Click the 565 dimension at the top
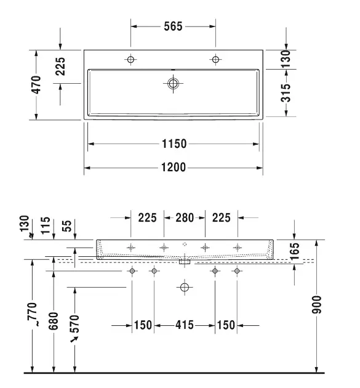[x=173, y=26]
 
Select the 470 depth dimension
[x=36, y=85]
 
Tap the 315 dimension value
[x=286, y=93]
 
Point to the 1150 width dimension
[x=174, y=143]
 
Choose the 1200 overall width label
[x=174, y=168]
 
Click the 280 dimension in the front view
[x=185, y=218]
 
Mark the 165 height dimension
[x=295, y=251]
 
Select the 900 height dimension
[x=316, y=305]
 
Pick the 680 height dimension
[x=54, y=321]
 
